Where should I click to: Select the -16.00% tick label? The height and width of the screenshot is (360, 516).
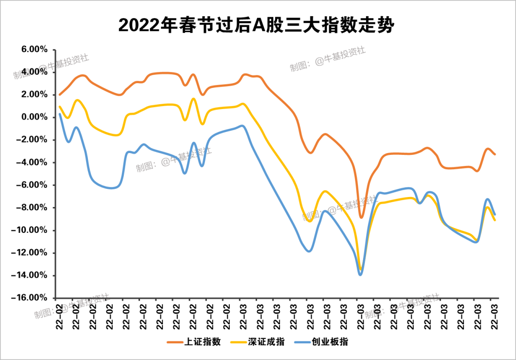[x=32, y=298]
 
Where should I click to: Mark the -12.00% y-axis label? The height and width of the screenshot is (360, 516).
[x=32, y=253]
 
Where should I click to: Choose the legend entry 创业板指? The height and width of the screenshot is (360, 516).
[x=336, y=342]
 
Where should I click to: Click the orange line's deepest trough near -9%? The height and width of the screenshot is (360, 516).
[x=361, y=218]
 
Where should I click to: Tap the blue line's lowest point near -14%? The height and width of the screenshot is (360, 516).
[x=360, y=274]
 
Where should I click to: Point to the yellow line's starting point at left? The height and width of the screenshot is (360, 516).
[x=60, y=107]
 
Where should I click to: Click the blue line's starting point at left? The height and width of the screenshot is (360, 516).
[x=60, y=114]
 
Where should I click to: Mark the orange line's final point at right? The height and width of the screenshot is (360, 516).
[x=495, y=154]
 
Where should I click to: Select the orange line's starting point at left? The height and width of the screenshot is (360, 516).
[x=60, y=95]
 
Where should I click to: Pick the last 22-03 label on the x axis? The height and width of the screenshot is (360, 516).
[x=495, y=316]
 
